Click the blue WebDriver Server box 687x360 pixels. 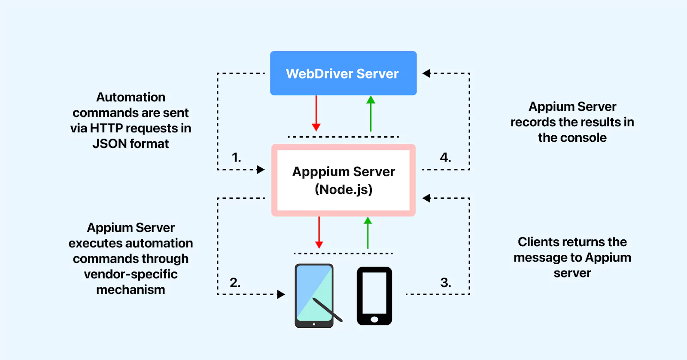click(x=343, y=73)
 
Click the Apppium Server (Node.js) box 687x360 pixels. click(x=343, y=180)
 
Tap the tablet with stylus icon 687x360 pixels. click(x=314, y=295)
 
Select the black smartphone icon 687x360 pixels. click(x=374, y=296)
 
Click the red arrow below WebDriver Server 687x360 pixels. click(x=316, y=113)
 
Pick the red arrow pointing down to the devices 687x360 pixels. click(x=319, y=232)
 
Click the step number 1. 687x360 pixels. click(x=236, y=157)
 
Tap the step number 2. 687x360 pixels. click(x=235, y=282)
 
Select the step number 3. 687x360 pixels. click(x=446, y=282)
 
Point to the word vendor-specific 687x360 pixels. click(x=131, y=274)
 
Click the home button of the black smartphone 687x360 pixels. click(x=374, y=319)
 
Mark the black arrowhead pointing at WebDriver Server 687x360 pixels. click(x=426, y=73)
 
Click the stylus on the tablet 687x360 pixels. click(x=327, y=309)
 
